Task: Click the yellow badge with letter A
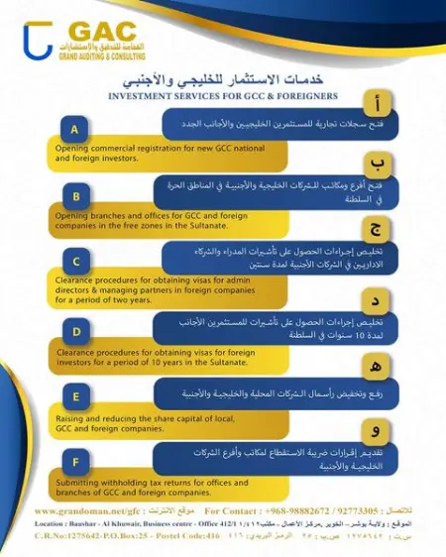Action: pos(76,129)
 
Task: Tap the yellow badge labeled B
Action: pos(76,195)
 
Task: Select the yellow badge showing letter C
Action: pos(76,262)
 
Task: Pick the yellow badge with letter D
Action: pos(76,330)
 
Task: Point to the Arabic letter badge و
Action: pos(375,431)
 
